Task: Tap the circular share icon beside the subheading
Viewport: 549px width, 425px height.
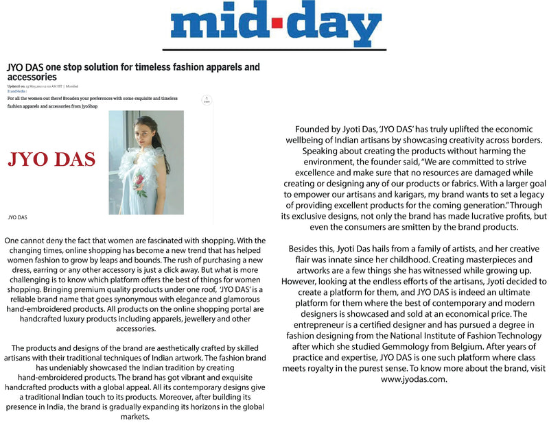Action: coord(205,101)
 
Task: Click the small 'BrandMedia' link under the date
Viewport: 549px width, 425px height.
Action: coord(16,92)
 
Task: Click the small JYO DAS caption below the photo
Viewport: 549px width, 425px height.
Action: coord(18,217)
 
